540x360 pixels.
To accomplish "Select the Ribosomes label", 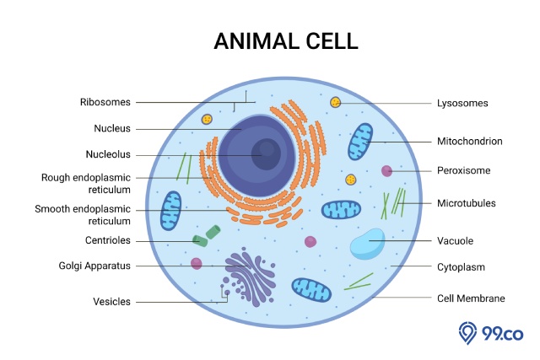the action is click(105, 102).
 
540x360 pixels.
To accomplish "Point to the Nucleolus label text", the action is click(108, 154).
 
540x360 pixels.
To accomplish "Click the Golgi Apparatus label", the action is click(94, 266).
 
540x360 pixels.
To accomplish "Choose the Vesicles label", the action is click(111, 302).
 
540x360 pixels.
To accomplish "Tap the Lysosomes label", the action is click(462, 103).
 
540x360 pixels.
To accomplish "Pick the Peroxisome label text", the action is click(463, 170).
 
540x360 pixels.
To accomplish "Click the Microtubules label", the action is click(467, 203).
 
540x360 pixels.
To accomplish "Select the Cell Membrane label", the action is click(471, 298).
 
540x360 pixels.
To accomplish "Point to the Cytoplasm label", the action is click(461, 267).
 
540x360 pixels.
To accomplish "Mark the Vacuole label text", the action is click(455, 240).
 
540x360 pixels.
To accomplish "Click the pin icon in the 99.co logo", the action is click(467, 332).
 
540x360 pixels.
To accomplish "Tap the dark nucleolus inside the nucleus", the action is click(266, 154).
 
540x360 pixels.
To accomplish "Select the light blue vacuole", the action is click(368, 244).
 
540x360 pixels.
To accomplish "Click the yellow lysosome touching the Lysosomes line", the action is click(336, 102).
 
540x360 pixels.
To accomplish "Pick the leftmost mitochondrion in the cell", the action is click(170, 211).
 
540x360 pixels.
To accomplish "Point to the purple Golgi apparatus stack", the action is click(251, 277).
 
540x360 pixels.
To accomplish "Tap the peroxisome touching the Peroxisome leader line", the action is click(386, 170).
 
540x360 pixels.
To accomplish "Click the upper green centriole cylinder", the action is click(213, 232).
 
